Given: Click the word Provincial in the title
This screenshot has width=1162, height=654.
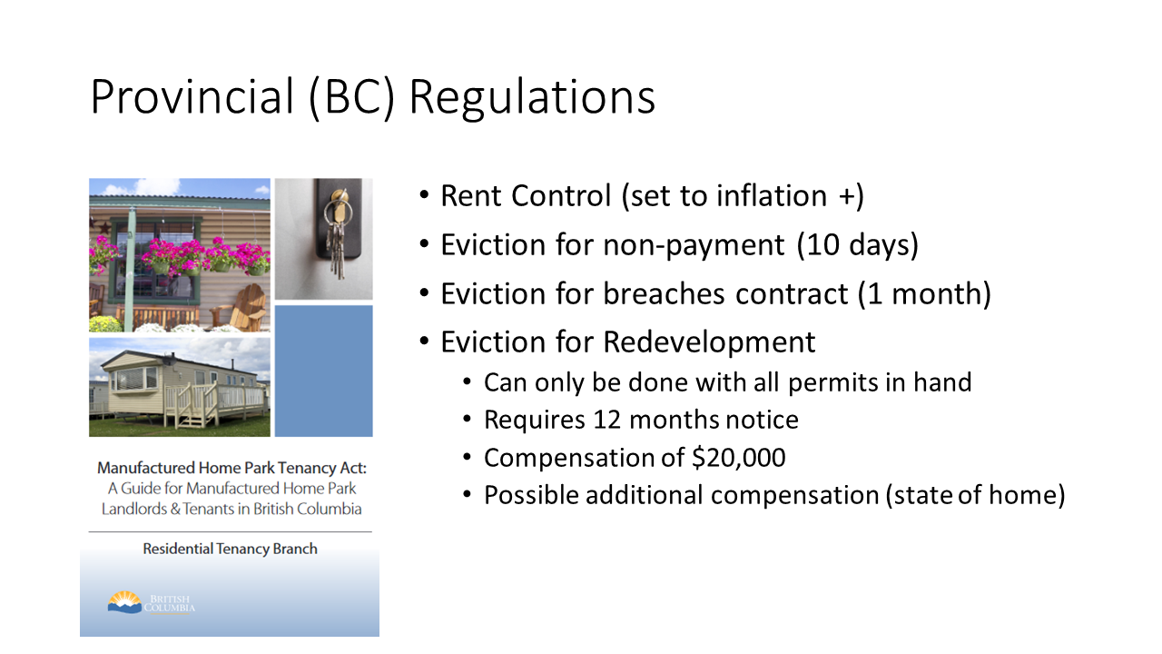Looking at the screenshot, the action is click(192, 96).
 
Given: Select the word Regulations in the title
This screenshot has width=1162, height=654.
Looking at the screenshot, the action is click(533, 99).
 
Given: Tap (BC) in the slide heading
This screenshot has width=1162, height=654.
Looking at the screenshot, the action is click(352, 98).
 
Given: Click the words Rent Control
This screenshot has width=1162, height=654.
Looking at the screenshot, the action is click(526, 195).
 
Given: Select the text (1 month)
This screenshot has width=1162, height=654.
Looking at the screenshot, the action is click(924, 293).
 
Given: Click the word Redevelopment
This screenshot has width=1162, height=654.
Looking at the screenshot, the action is click(709, 342).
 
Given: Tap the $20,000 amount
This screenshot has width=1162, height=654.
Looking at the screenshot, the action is click(739, 458).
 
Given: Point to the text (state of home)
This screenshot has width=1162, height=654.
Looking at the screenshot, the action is click(976, 495).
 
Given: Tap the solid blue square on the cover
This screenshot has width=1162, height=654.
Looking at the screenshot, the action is click(324, 372).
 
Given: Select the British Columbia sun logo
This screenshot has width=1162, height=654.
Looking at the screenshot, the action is click(124, 602).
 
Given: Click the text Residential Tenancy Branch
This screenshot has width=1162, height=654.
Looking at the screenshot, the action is click(230, 550).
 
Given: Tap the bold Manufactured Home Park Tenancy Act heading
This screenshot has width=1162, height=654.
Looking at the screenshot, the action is click(231, 468).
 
